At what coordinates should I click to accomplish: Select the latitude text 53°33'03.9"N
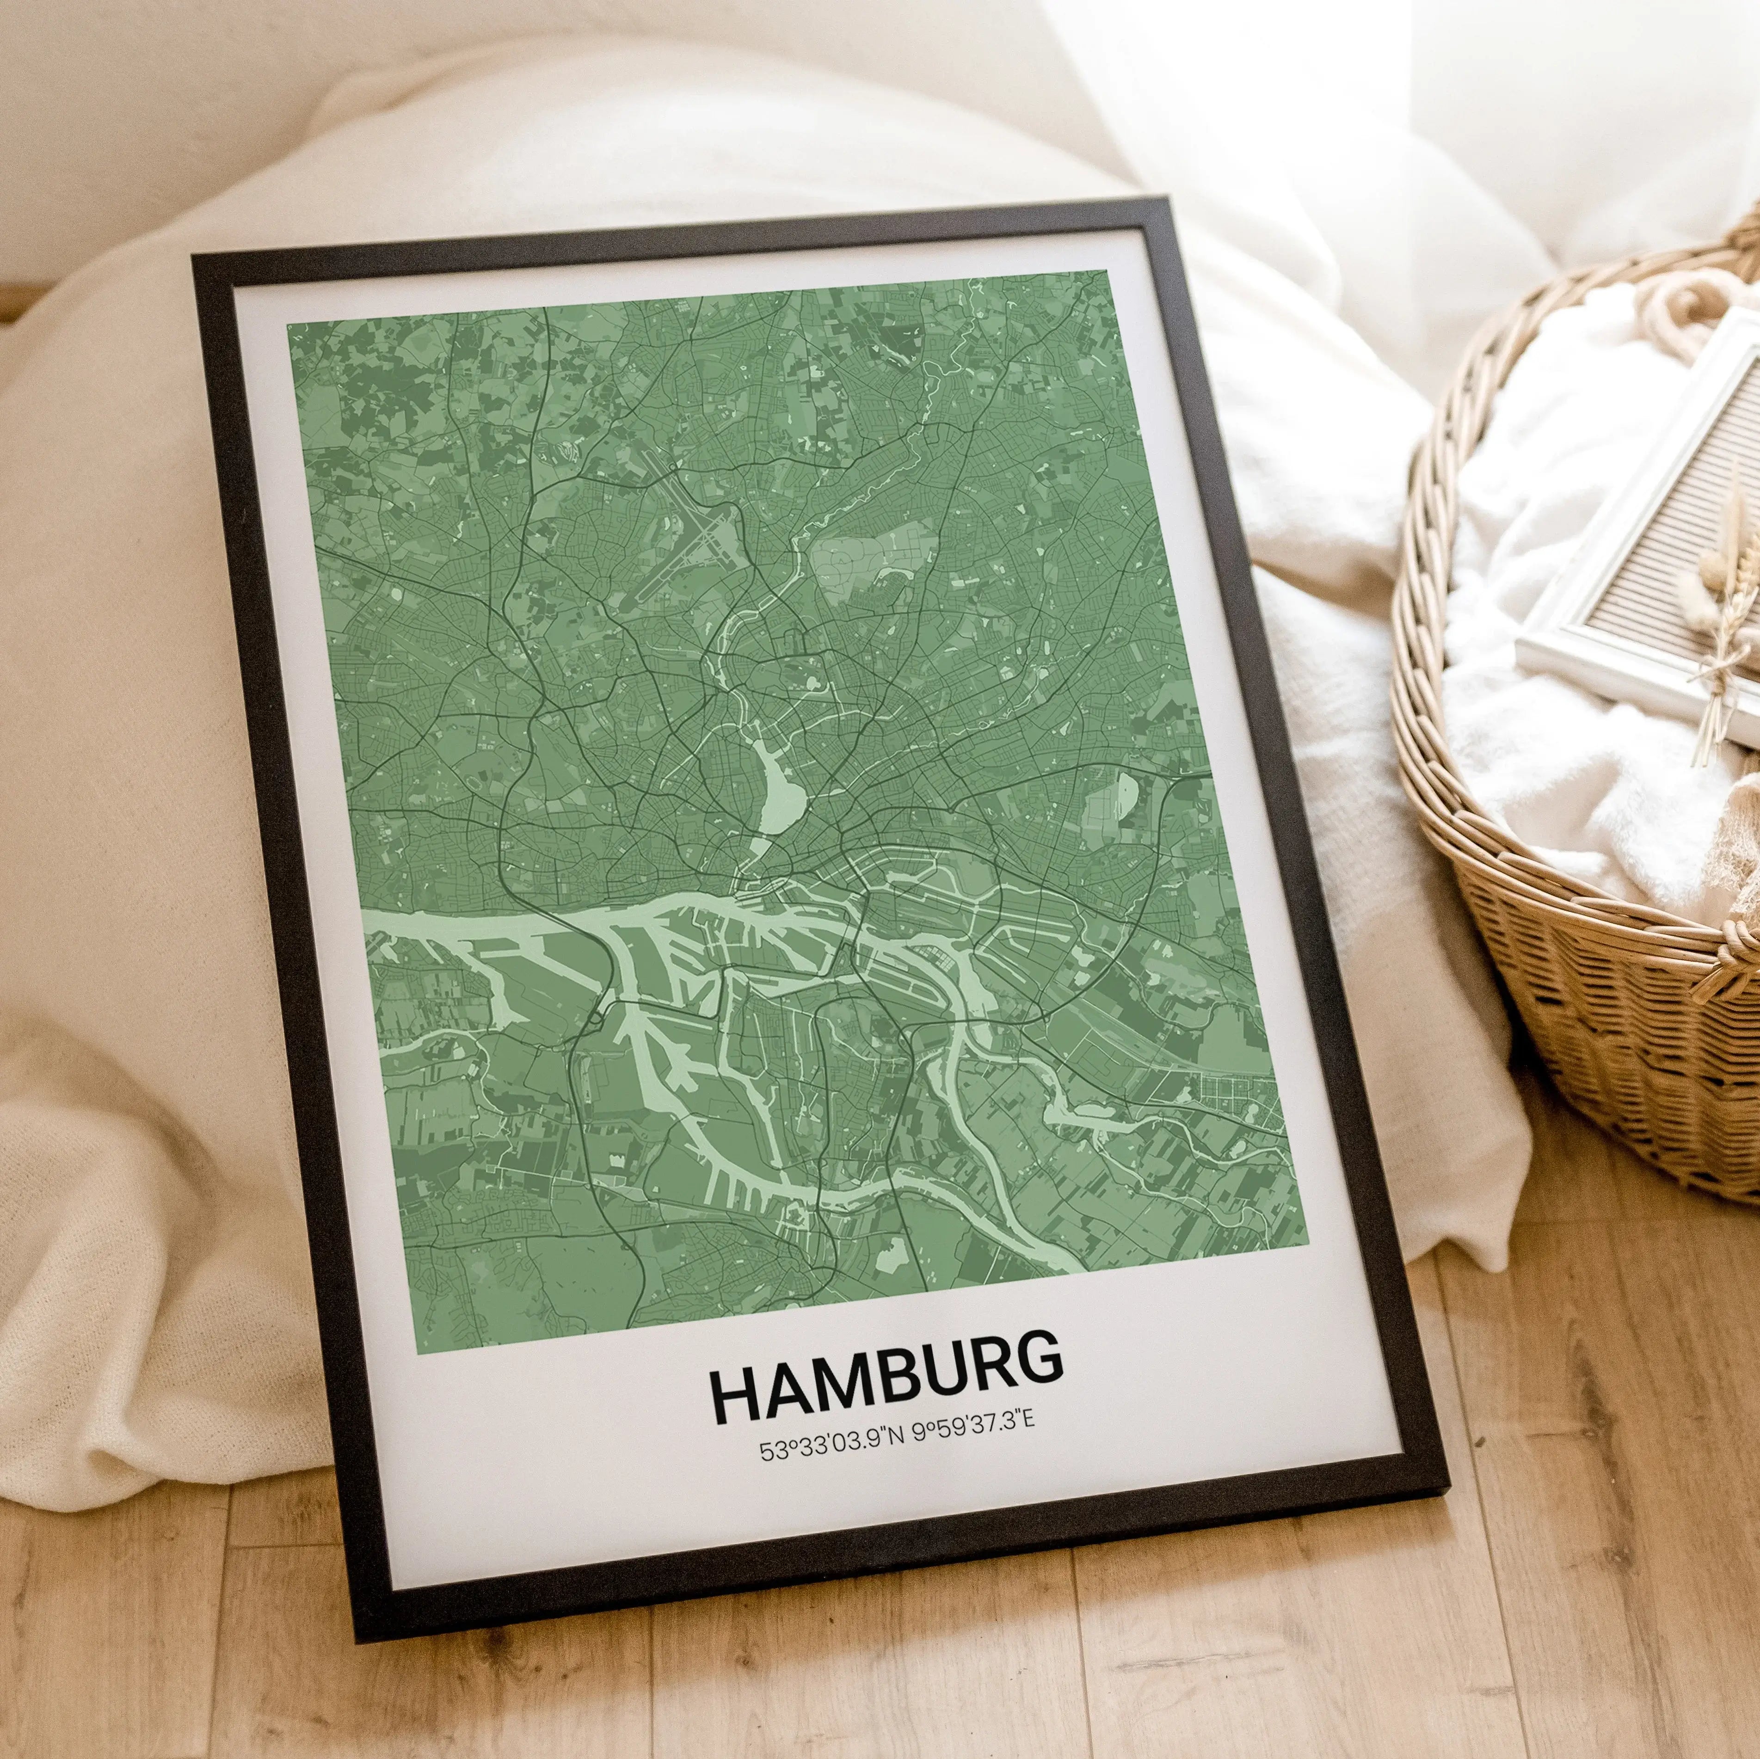pyautogui.click(x=831, y=1448)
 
